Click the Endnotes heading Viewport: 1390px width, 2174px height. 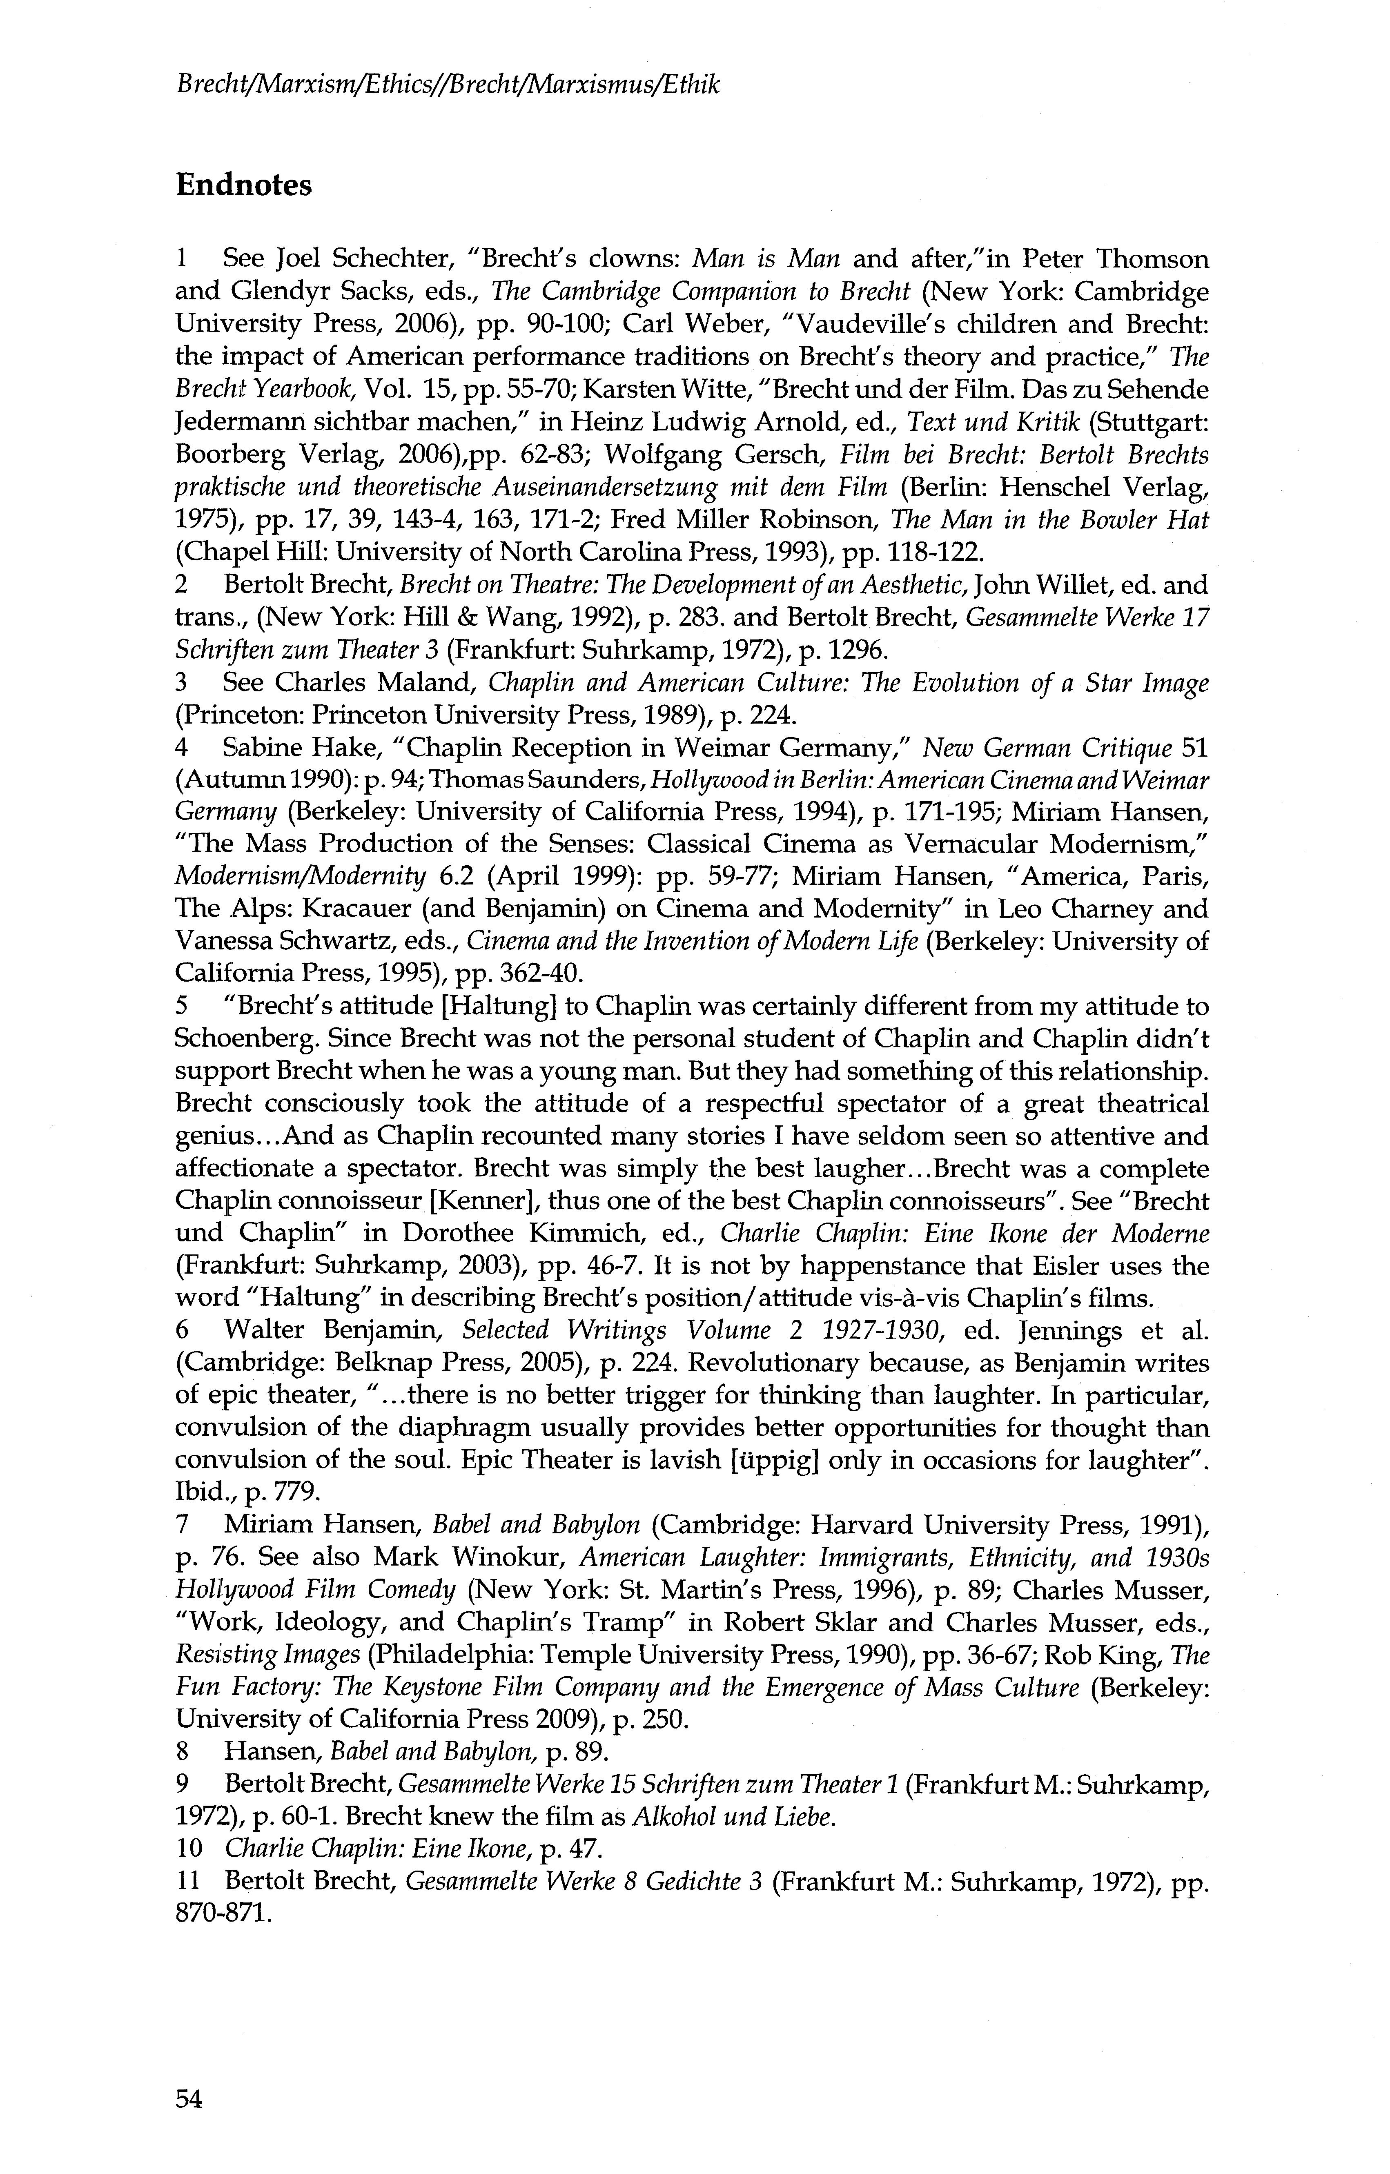[244, 185]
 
